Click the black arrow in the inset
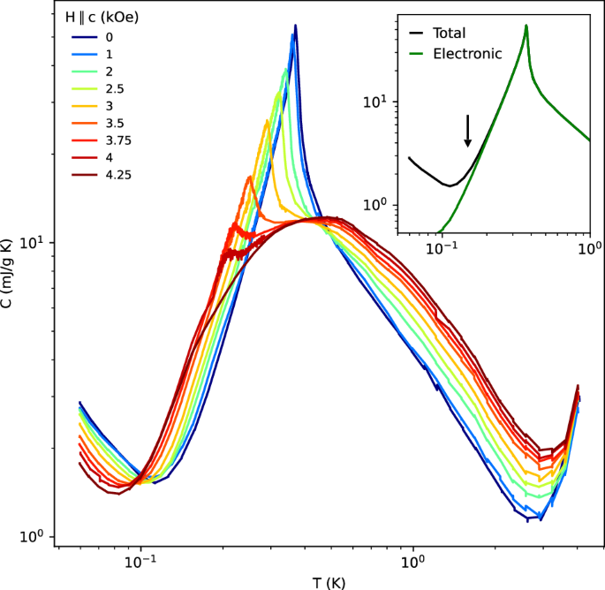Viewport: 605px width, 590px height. [x=468, y=130]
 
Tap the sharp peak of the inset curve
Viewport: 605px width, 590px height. [x=526, y=26]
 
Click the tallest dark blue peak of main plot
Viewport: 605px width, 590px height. [x=296, y=26]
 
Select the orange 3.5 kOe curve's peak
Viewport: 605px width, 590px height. [x=250, y=177]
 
